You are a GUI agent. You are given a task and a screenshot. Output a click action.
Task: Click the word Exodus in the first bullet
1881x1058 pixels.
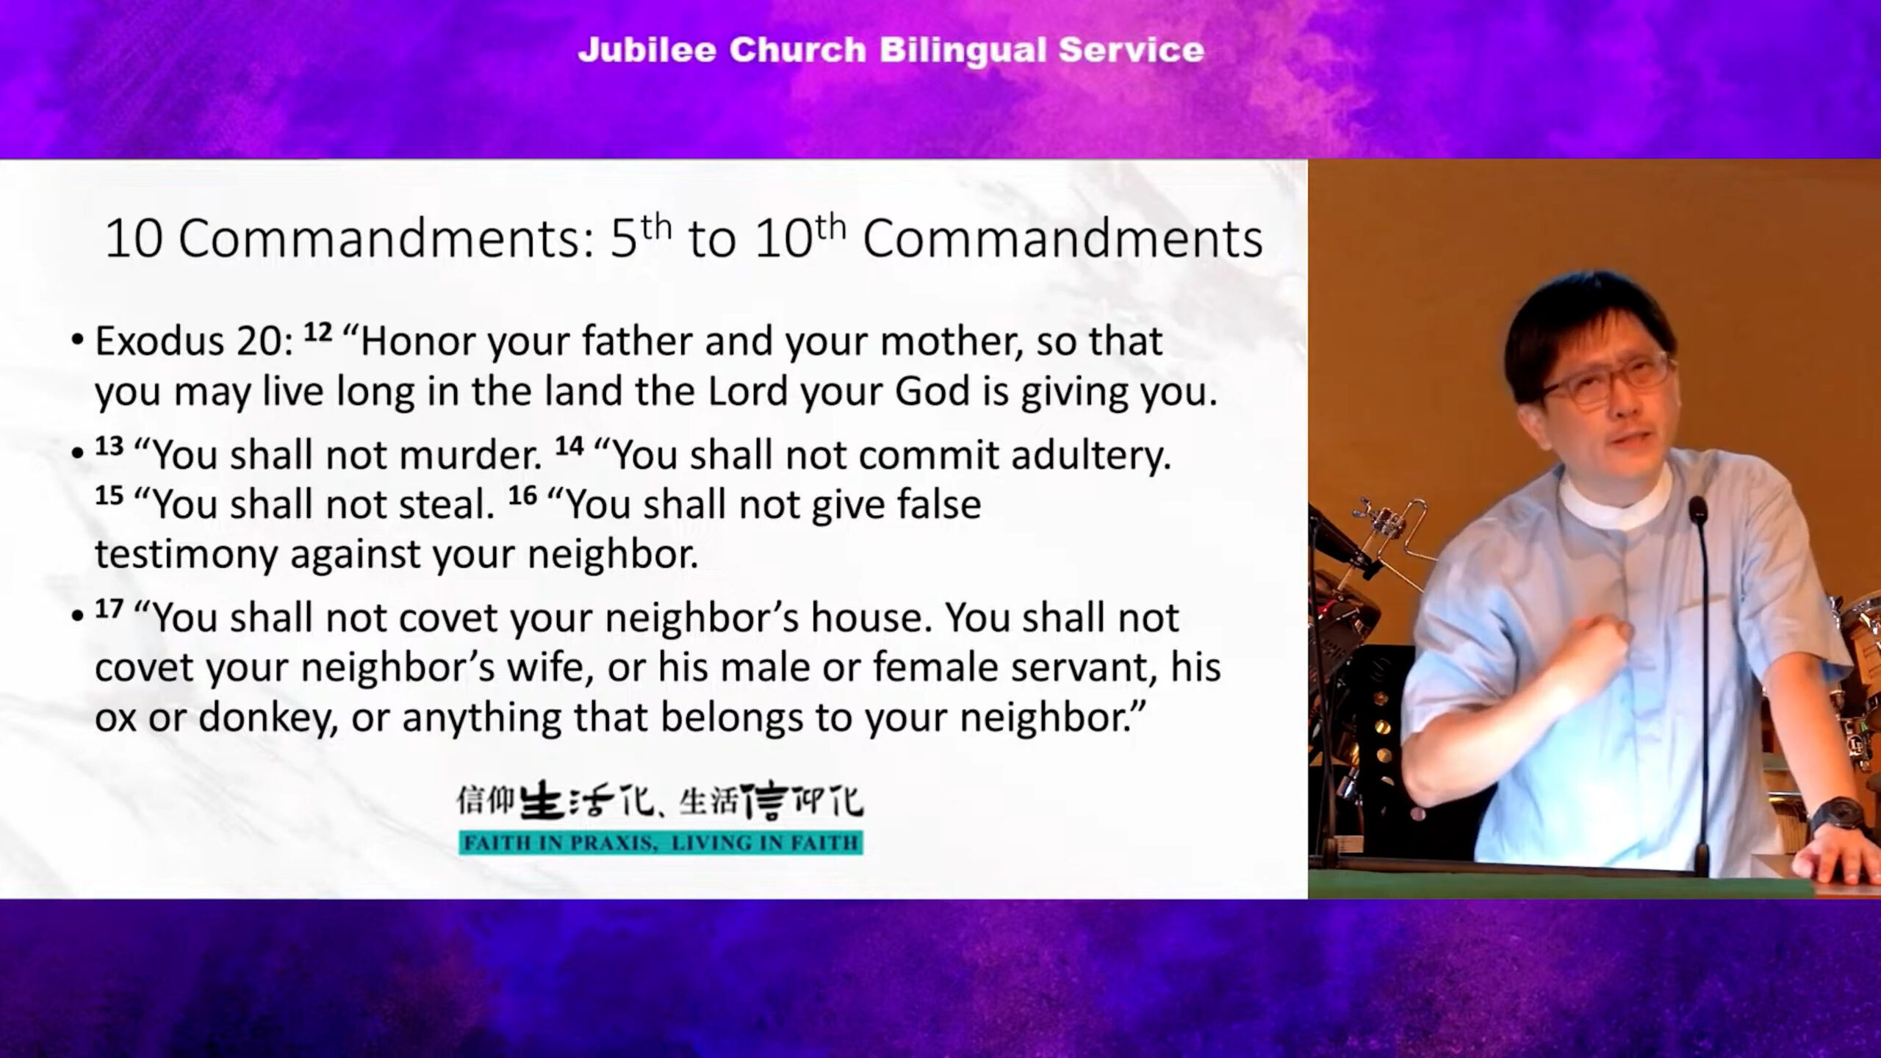(159, 341)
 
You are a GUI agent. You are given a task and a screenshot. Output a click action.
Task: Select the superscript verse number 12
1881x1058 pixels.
(318, 333)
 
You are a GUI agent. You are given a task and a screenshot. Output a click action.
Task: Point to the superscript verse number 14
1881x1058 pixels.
(569, 446)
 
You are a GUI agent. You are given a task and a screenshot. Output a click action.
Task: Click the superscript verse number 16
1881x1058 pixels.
(522, 495)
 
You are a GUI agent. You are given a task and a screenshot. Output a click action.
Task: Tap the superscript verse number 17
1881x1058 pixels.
(109, 609)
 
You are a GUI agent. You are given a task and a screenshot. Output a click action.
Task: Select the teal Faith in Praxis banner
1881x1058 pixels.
(661, 843)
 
